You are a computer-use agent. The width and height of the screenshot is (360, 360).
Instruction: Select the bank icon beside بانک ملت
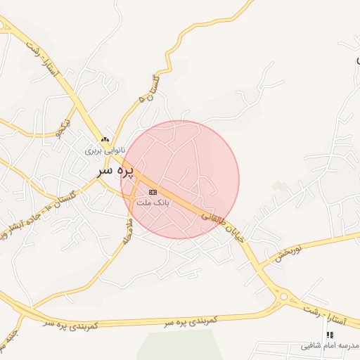click(153, 192)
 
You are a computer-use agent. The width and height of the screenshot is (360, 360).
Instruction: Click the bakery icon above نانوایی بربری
click(105, 139)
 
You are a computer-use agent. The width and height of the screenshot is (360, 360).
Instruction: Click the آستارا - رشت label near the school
click(328, 313)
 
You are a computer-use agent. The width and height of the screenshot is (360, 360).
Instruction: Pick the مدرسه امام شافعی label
click(330, 346)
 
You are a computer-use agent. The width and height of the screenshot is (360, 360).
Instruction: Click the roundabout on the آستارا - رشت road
click(283, 297)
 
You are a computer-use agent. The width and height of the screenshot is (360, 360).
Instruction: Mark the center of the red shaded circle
click(180, 179)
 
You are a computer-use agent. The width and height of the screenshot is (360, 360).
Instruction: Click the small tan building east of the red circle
click(281, 186)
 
